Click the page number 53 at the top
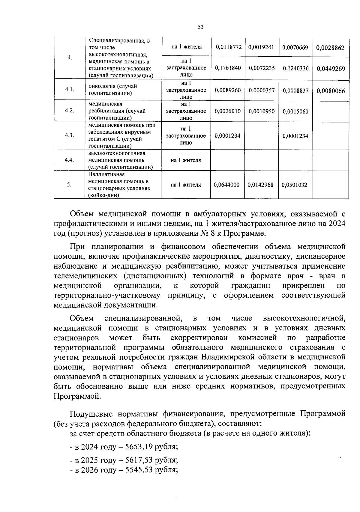click(201, 27)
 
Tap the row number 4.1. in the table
click(70, 90)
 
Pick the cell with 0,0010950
click(262, 112)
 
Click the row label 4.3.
click(69, 135)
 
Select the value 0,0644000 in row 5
click(226, 185)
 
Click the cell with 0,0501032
click(295, 185)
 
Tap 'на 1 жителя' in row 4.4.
click(186, 160)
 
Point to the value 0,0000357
click(262, 90)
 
